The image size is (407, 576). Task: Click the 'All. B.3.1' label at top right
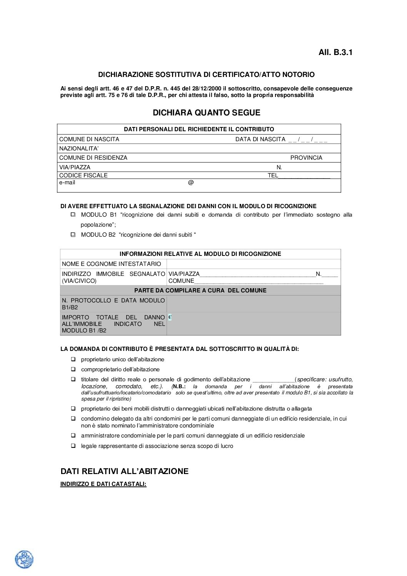335,53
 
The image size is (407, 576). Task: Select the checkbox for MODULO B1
73,215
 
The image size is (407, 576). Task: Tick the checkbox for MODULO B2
73,235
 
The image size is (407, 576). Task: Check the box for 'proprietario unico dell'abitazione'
73,359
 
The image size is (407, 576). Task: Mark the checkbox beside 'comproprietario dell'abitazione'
73,369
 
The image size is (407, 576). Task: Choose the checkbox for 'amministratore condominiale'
73,436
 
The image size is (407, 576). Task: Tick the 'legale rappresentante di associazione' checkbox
73,446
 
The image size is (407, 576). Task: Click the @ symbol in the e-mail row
191,183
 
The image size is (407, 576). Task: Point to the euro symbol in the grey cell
170,317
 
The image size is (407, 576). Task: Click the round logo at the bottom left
24,559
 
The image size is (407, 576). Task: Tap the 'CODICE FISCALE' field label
83,175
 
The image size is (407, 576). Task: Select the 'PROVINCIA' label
306,158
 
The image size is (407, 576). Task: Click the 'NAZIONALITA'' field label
79,149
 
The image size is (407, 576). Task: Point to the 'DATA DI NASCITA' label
260,139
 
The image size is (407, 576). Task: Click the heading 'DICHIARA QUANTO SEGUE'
207,113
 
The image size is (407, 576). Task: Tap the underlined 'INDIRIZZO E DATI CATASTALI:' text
103,484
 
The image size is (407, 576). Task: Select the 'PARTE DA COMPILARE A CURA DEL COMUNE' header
200,291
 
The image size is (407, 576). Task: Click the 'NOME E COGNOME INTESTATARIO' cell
112,264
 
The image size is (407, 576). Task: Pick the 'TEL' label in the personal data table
273,175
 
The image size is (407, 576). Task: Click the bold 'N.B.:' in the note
179,386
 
